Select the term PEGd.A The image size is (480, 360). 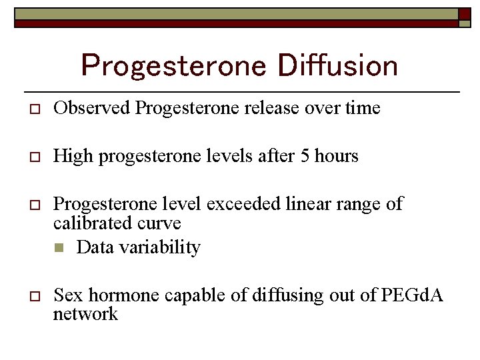413,295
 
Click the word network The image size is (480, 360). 85,313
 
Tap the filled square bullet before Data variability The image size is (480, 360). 59,248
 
